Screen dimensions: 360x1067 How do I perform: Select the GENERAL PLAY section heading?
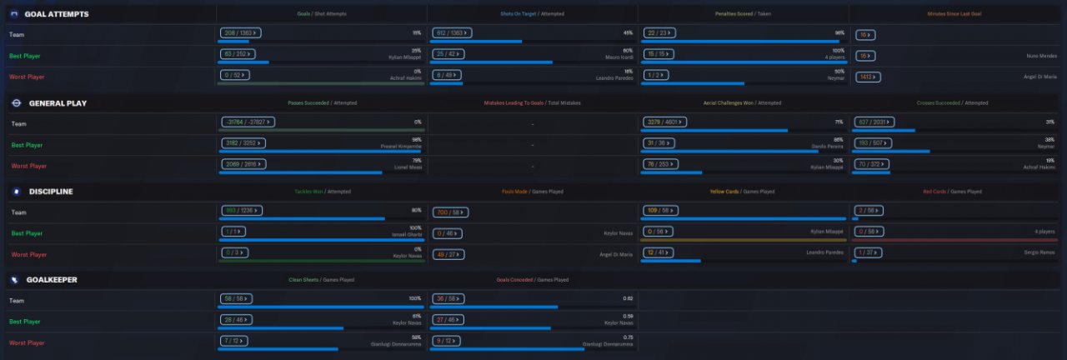point(58,103)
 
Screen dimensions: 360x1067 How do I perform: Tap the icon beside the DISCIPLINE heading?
point(14,192)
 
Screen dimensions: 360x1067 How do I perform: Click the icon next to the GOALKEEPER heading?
point(14,280)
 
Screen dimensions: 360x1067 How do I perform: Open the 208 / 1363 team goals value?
point(241,33)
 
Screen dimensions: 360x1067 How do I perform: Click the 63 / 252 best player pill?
point(239,54)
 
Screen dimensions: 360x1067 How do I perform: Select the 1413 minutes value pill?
point(868,77)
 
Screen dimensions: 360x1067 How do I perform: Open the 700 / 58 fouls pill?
point(452,212)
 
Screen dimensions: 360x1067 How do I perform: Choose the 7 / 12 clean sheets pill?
point(235,340)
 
